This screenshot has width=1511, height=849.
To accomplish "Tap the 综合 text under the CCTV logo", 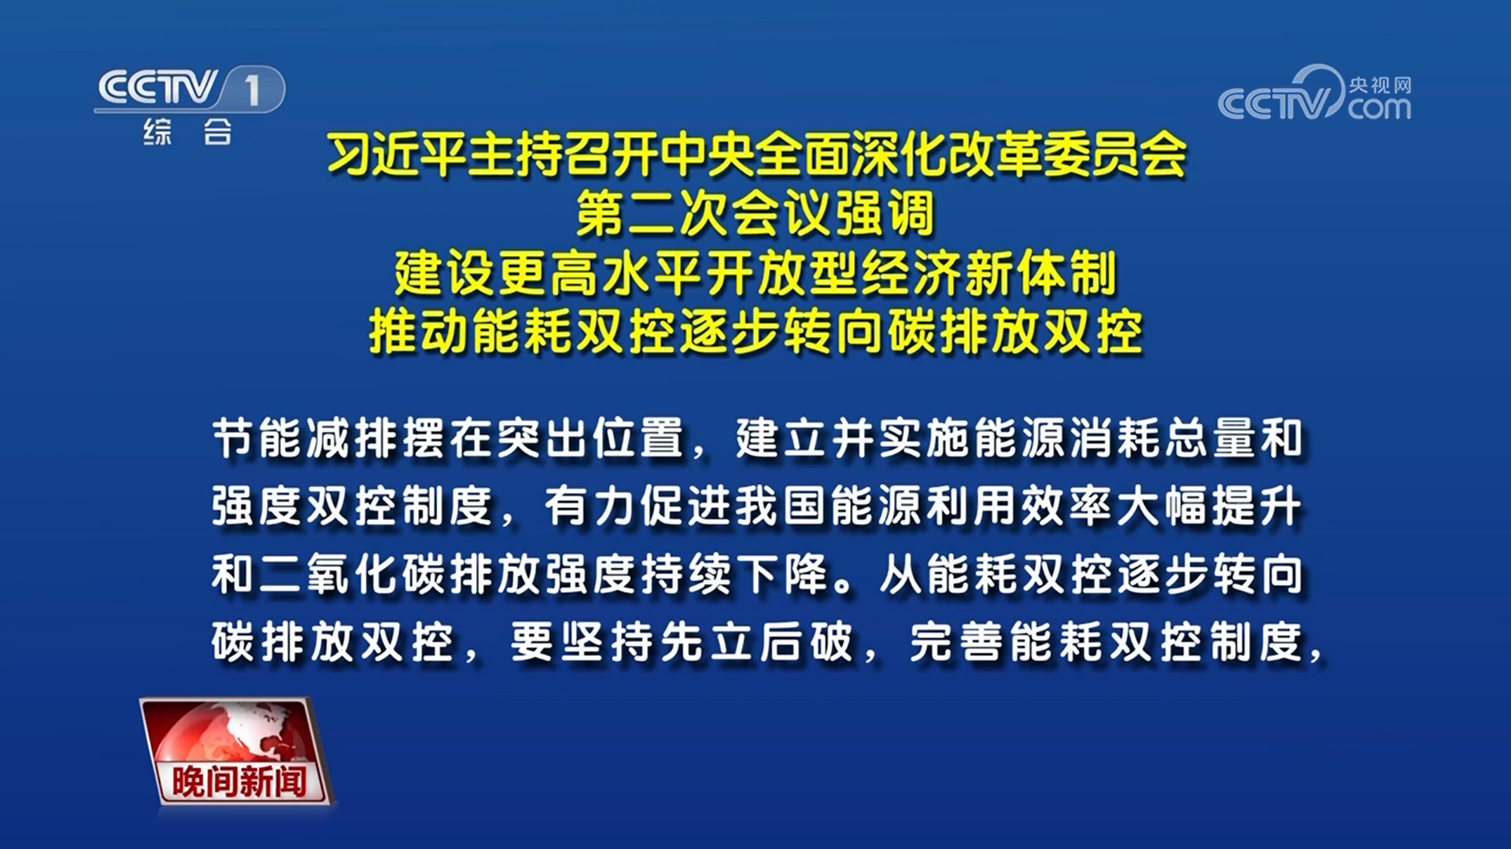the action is pyautogui.click(x=188, y=131).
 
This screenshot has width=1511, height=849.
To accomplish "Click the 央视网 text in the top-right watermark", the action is pyautogui.click(x=1380, y=85).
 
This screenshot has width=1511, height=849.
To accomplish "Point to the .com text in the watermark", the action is pyautogui.click(x=1379, y=108).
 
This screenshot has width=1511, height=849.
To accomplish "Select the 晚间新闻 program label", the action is pyautogui.click(x=239, y=781).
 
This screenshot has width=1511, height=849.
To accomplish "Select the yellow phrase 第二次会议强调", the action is pyautogui.click(x=755, y=213).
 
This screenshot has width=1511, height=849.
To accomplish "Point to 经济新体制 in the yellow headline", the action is pyautogui.click(x=989, y=274).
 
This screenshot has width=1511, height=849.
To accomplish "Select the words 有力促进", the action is pyautogui.click(x=637, y=506).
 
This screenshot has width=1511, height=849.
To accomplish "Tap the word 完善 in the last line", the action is pyautogui.click(x=955, y=642).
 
